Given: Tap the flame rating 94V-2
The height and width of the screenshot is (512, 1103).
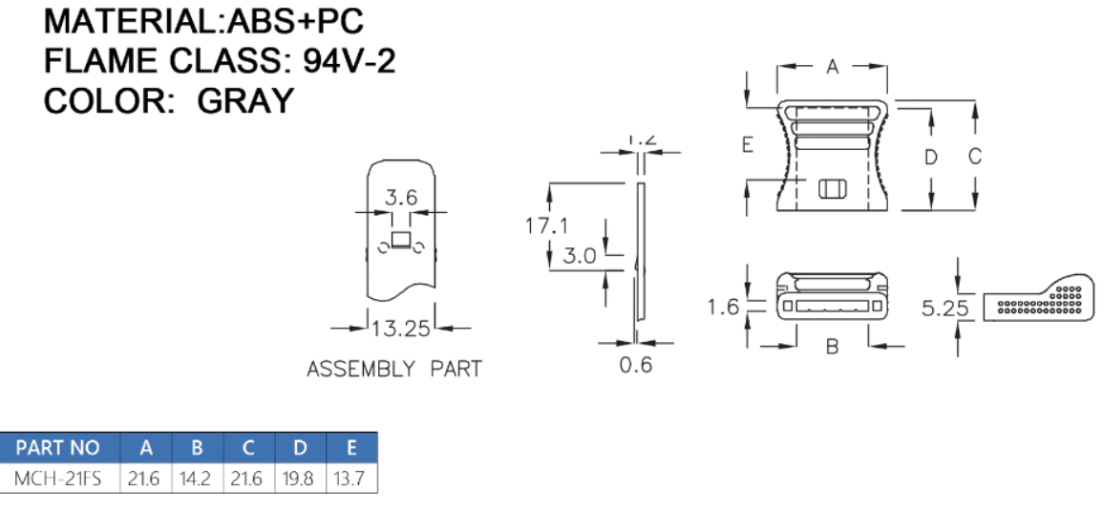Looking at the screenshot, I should point(350,61).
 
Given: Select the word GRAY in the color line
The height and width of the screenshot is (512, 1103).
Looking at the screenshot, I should point(245,100).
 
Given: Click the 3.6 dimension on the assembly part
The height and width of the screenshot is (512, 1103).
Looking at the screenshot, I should point(401,198).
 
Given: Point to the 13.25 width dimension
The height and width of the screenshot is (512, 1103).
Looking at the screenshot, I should point(401,330).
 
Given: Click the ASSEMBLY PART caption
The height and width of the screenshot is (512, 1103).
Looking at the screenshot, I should point(394,369).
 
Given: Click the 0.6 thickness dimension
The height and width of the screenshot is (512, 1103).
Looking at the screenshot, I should point(636,365).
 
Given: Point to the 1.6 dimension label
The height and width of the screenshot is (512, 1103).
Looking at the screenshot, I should point(724,307).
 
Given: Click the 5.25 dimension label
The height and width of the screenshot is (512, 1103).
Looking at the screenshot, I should point(945,308).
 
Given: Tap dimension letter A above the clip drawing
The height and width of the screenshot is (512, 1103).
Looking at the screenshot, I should point(833,67).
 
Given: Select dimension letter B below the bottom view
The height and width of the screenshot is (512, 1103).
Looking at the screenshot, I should point(832,348).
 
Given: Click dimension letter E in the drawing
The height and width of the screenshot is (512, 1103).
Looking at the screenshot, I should point(748,145).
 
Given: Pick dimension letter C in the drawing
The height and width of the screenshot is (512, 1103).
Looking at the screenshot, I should point(975,157).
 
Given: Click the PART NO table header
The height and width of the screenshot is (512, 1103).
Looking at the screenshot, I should point(57,447).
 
